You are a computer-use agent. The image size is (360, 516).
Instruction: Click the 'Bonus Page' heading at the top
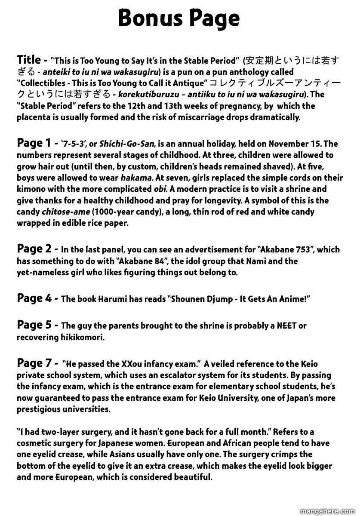[x=179, y=18]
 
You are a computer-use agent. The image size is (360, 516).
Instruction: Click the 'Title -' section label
[x=32, y=60]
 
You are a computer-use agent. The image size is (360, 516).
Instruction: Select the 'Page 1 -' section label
[x=36, y=143]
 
